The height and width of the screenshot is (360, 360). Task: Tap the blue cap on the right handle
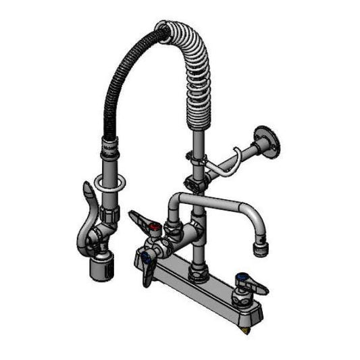[240, 277]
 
